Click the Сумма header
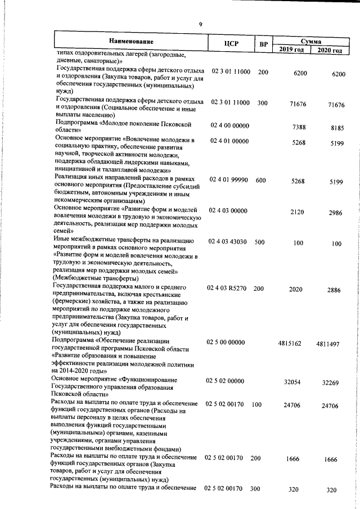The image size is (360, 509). point(310,41)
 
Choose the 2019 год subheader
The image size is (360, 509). point(291,51)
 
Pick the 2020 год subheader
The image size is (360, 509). point(329,51)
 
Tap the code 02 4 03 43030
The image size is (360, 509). point(228,241)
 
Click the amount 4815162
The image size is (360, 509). point(290,343)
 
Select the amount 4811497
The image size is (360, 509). point(327,343)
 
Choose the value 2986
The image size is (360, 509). point(335,213)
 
